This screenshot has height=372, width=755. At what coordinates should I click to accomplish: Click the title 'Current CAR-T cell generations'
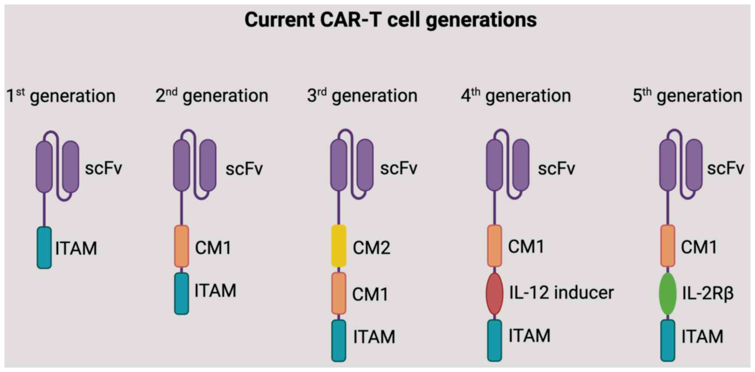coord(391,20)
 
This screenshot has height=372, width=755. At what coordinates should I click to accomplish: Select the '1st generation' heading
coord(61,96)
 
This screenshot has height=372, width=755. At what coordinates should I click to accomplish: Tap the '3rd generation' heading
coord(362,96)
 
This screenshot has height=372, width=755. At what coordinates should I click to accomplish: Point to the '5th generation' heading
coord(687,96)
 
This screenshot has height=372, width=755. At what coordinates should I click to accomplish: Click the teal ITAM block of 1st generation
coord(44,248)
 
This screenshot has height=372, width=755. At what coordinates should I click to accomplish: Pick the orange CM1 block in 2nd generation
coord(182,246)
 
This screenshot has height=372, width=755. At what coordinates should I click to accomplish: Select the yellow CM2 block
coord(338,246)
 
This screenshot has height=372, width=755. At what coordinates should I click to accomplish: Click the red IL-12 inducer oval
coord(495,294)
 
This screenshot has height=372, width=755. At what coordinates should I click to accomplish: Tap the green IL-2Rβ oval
coord(668,294)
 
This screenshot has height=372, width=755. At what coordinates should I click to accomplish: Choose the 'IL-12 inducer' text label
coord(561,293)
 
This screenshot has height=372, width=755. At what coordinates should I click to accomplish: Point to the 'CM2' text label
coord(371,248)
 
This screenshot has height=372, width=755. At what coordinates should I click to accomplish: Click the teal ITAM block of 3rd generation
coord(338,340)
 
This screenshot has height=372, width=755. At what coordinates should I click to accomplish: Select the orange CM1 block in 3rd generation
coord(338,293)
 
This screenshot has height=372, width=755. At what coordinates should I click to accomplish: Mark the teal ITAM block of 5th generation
coord(668,340)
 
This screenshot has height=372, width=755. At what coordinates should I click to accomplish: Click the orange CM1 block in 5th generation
coord(668,246)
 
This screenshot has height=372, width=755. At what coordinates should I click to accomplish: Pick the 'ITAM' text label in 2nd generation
coord(216,290)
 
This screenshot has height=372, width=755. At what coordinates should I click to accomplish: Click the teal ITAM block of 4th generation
coord(495,340)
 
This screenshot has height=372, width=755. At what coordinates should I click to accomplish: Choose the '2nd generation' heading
coord(212,96)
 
